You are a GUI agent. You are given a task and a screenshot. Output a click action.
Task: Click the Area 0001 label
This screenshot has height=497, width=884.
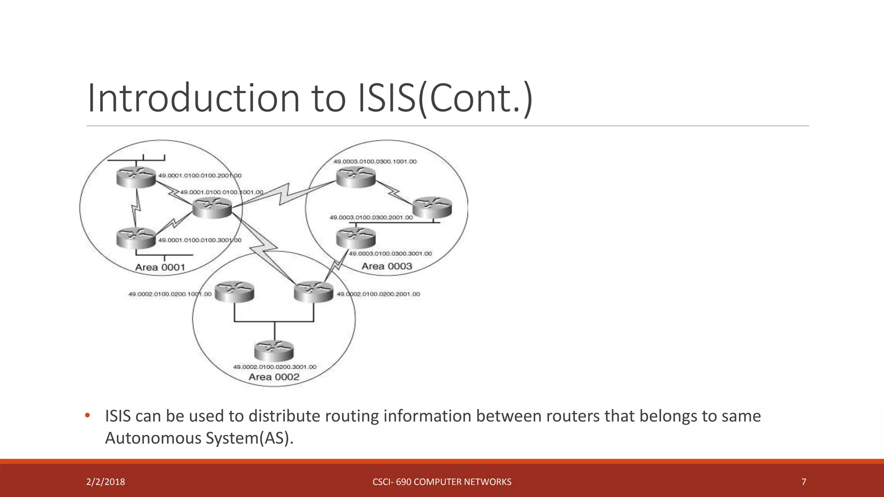tap(160, 267)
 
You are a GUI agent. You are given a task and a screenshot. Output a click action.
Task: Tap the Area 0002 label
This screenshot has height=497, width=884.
tap(274, 377)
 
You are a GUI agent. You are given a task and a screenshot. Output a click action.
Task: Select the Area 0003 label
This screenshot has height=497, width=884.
tap(387, 266)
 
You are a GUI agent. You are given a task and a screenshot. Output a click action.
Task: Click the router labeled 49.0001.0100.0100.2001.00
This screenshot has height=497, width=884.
tap(136, 177)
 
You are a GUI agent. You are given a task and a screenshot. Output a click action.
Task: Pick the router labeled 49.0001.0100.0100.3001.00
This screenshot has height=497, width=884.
tap(136, 238)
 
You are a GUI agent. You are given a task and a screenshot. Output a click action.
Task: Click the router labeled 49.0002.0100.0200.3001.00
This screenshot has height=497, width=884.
tap(274, 351)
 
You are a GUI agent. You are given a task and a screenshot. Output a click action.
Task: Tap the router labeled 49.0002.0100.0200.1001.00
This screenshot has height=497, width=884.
tap(234, 292)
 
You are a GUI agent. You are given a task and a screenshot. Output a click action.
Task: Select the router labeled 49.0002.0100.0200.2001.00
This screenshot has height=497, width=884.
tap(313, 292)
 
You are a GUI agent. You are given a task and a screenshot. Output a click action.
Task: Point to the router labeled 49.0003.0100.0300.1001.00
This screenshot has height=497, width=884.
tap(356, 177)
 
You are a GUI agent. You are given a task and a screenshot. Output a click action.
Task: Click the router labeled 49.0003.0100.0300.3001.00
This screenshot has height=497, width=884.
tap(356, 238)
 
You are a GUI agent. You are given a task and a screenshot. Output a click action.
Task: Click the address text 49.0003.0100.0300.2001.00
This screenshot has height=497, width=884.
tap(371, 217)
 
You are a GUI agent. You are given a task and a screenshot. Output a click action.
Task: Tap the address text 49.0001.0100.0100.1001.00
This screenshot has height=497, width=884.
tap(221, 192)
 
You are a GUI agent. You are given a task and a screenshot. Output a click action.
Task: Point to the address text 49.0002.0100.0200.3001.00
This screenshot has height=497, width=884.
tap(275, 367)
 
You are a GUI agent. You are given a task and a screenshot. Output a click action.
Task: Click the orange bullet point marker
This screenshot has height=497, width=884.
tap(88, 415)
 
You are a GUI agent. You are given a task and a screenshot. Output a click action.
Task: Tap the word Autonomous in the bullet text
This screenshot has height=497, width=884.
tap(154, 438)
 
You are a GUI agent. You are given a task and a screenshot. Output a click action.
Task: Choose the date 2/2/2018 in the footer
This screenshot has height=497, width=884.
tap(106, 482)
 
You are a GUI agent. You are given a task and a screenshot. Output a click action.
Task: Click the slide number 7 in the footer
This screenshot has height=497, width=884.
tap(804, 482)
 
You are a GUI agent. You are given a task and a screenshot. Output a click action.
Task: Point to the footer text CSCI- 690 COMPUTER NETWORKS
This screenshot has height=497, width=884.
tap(442, 482)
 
